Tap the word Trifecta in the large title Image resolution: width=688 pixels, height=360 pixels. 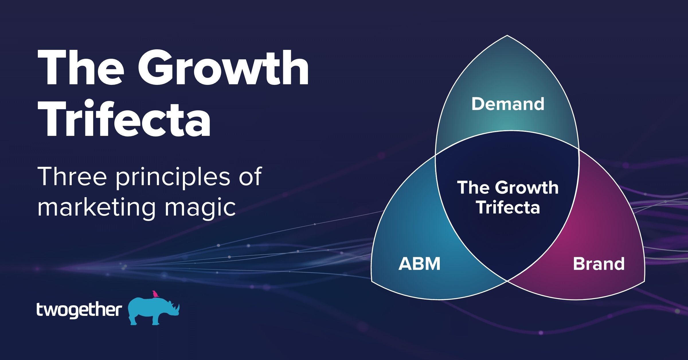(124, 119)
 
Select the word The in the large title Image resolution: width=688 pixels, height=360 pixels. (81, 68)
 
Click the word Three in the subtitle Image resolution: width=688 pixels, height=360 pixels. (72, 177)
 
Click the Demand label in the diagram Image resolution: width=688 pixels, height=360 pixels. (508, 104)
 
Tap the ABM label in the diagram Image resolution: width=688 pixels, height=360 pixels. (419, 264)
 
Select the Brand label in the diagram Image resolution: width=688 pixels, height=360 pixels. (599, 264)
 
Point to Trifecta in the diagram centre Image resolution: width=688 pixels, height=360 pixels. (508, 208)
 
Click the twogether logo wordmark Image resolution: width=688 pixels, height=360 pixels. (79, 310)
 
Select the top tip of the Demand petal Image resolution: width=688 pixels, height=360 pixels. (507, 36)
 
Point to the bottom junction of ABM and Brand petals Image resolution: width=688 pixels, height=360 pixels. (507, 281)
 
